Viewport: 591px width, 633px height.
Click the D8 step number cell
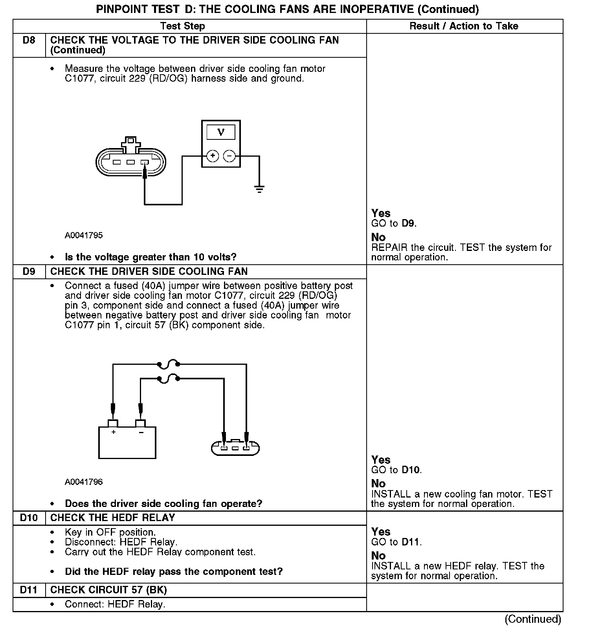(x=29, y=40)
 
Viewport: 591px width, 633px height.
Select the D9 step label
(x=29, y=272)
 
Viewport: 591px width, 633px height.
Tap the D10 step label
(x=29, y=518)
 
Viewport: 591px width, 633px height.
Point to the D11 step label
(x=29, y=590)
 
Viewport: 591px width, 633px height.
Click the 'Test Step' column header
(x=183, y=26)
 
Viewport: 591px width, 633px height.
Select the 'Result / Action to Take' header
(x=464, y=26)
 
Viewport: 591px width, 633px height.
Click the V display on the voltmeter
(x=221, y=132)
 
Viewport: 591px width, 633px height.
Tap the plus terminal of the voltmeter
(x=213, y=156)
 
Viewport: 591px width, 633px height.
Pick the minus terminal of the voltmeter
(x=229, y=156)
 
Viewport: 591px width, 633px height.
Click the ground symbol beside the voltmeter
(x=259, y=189)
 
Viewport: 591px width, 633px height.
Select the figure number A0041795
(x=84, y=235)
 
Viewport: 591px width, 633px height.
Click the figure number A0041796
(x=84, y=482)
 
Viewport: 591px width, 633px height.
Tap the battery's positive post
(x=113, y=423)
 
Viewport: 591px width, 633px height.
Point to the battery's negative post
(x=140, y=423)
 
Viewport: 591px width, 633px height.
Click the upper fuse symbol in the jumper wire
(x=168, y=364)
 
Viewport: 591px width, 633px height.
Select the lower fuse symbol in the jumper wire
(x=168, y=379)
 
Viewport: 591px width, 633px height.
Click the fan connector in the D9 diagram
(x=235, y=448)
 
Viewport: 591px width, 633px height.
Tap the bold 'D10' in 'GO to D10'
(x=410, y=470)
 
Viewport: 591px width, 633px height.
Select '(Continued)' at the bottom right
(x=533, y=619)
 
